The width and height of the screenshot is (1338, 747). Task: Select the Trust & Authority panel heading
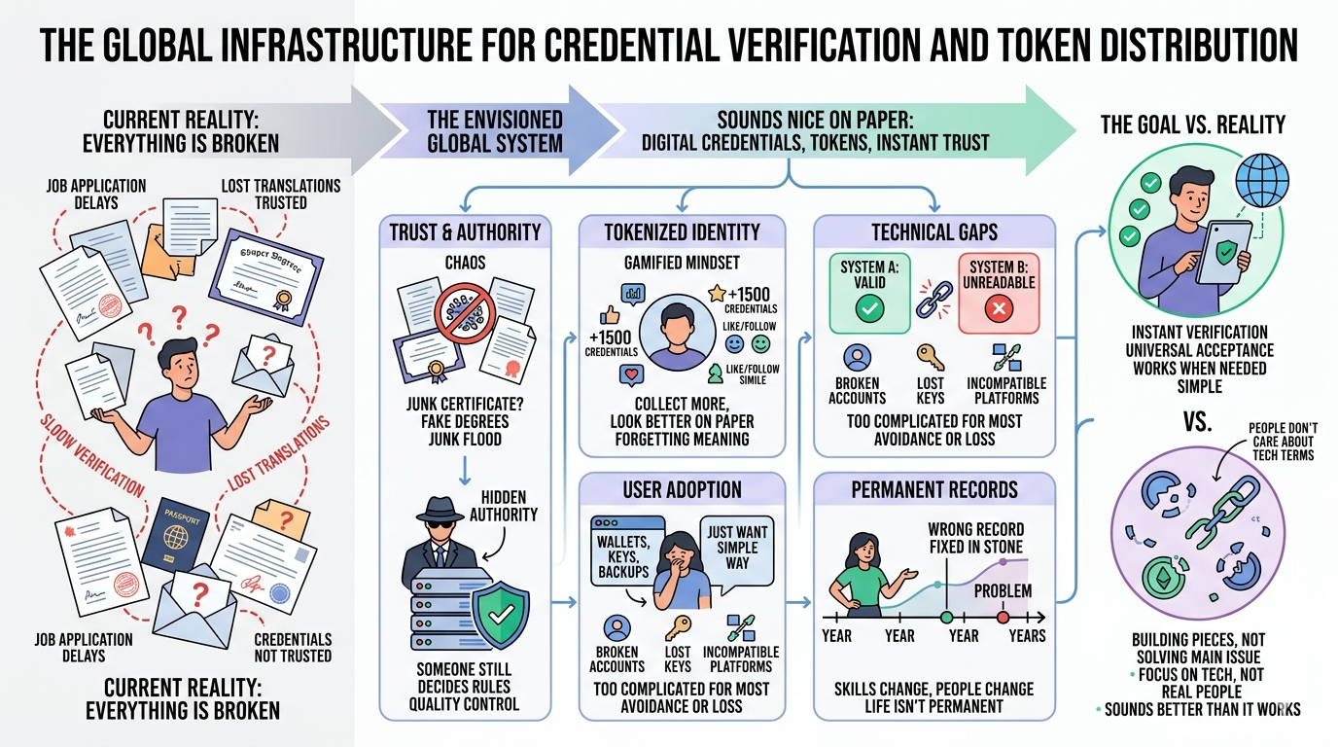click(x=465, y=231)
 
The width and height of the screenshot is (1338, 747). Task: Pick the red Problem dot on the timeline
click(x=1003, y=617)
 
